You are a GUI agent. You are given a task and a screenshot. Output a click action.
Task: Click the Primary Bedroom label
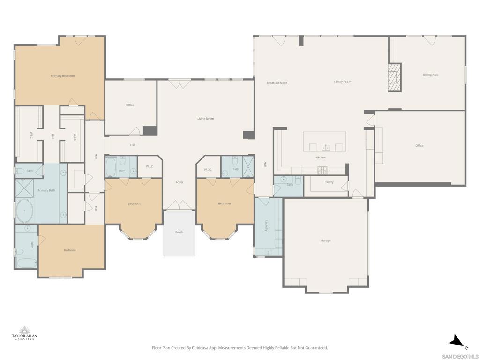(63, 76)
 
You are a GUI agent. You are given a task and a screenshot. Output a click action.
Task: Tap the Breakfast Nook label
(277, 83)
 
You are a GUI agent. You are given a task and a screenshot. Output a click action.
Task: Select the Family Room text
(343, 82)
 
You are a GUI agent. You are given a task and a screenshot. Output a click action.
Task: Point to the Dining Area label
(430, 75)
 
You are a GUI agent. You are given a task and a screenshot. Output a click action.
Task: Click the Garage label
(326, 240)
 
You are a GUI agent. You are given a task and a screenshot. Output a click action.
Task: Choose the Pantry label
(329, 182)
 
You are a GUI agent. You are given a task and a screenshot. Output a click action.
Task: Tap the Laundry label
(267, 225)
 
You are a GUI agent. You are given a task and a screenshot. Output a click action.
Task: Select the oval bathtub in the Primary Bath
(24, 211)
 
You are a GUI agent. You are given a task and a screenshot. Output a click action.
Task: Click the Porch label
(179, 232)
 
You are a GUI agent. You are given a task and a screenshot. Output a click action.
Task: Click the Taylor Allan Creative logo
(24, 333)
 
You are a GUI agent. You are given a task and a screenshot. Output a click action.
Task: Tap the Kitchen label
(321, 157)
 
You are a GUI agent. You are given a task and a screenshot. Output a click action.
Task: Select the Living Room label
(206, 119)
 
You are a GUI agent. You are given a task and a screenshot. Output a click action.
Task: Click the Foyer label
(180, 182)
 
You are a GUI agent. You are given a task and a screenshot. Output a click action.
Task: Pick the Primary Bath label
(46, 190)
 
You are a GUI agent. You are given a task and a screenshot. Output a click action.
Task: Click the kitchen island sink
(326, 148)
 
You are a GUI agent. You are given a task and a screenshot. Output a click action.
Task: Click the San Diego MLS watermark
(460, 357)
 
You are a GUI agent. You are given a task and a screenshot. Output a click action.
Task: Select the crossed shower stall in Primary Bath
(24, 188)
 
